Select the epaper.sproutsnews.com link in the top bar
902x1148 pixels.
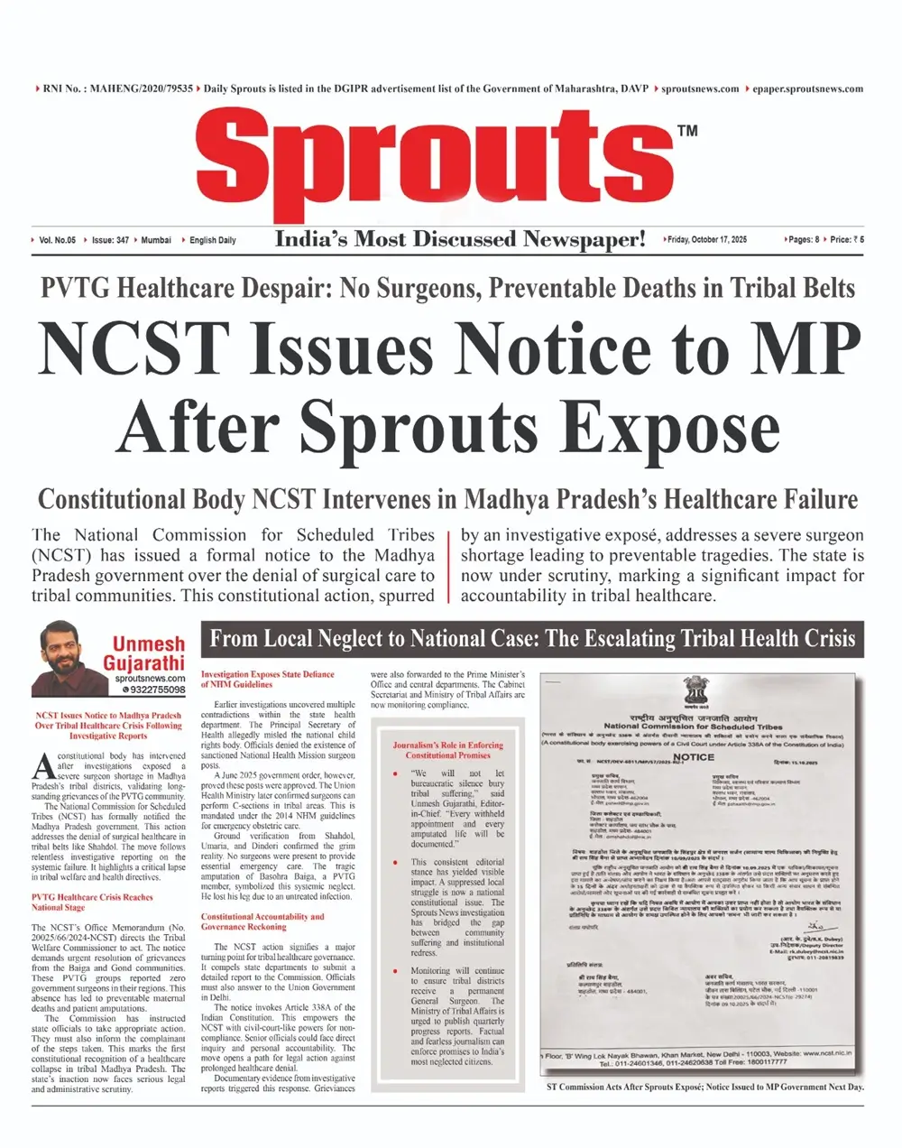[807, 88]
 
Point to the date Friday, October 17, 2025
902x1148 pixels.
[708, 240]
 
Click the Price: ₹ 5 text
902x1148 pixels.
[846, 240]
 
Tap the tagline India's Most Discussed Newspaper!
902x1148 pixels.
[460, 239]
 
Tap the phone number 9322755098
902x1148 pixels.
[153, 690]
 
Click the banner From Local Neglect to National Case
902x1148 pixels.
[532, 639]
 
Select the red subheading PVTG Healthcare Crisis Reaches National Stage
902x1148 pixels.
[92, 903]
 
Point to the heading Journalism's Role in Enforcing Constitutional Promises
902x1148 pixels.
[448, 750]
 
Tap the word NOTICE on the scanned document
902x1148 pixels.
[694, 757]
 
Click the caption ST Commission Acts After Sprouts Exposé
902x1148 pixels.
[704, 1087]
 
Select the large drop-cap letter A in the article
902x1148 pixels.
[43, 764]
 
